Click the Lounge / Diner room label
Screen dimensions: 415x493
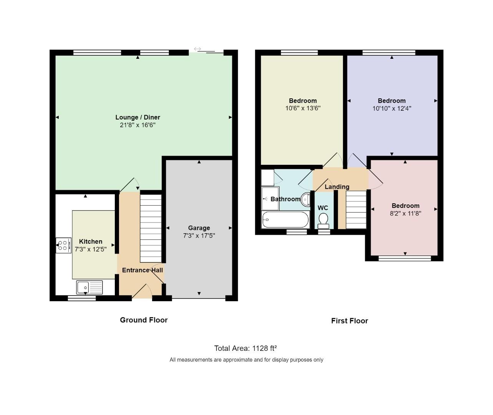[137, 117]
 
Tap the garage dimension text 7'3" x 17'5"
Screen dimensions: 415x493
[199, 236]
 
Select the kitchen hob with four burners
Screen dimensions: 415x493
[64, 245]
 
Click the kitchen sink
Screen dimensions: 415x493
[89, 287]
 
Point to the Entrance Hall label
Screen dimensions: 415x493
[142, 270]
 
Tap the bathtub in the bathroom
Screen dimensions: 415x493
[285, 220]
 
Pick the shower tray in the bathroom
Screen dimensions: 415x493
[270, 199]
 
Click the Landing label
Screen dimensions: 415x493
[337, 187]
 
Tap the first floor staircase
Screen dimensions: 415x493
[356, 210]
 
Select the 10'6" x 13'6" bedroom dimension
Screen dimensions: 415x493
[303, 108]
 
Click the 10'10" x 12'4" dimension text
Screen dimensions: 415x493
[392, 108]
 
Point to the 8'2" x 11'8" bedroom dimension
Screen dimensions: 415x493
[405, 213]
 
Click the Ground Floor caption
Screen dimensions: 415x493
[144, 320]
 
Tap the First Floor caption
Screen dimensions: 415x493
[349, 320]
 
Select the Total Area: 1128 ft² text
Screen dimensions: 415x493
[245, 348]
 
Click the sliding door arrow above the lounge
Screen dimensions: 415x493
[197, 49]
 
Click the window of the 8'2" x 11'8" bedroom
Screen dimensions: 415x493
[405, 259]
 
